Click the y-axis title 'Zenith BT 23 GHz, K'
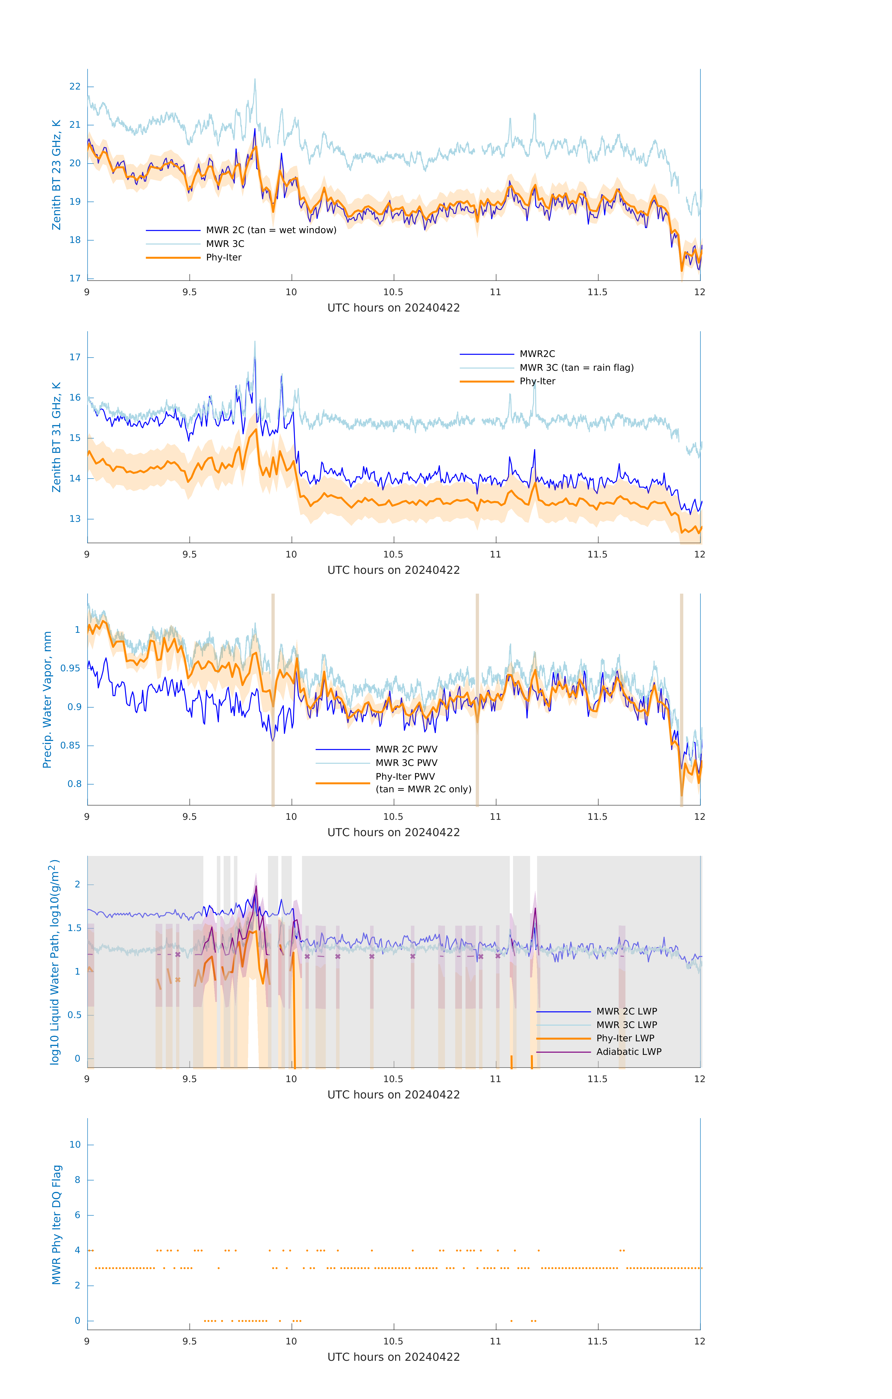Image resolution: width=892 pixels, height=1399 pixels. tap(56, 175)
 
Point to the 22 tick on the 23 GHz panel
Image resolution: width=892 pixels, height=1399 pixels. tap(75, 87)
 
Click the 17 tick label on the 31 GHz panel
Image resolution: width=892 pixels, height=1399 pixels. tap(75, 357)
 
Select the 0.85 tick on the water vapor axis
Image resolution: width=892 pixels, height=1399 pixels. tap(70, 745)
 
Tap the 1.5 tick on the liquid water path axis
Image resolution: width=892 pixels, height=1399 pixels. tap(74, 928)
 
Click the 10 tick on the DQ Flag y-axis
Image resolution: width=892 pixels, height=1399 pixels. tap(75, 1145)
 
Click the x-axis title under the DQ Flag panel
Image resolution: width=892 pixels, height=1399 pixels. tap(393, 1357)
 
